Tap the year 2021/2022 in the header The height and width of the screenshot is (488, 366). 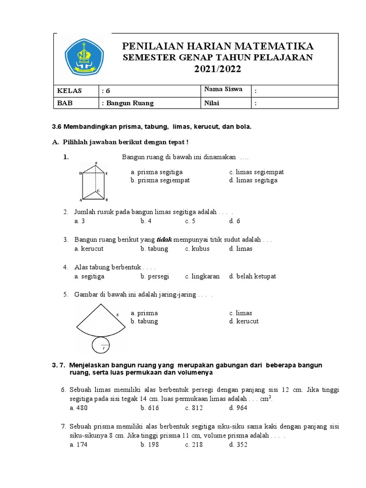pos(217,70)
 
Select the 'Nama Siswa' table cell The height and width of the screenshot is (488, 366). pos(223,90)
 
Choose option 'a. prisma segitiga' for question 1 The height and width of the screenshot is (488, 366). pos(156,172)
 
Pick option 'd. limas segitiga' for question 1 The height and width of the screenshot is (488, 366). pos(253,180)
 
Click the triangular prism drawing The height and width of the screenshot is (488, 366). pos(94,182)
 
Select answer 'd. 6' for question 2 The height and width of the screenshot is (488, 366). pos(234,221)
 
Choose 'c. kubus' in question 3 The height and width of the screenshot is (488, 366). pos(197,249)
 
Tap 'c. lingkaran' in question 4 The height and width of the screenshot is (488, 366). pos(203,276)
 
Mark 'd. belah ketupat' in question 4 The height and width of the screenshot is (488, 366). pos(252,276)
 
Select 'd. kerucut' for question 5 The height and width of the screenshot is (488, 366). pos(244,321)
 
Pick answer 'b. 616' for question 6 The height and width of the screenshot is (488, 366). pos(150,408)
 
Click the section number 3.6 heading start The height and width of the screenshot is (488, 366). pos(57,127)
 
